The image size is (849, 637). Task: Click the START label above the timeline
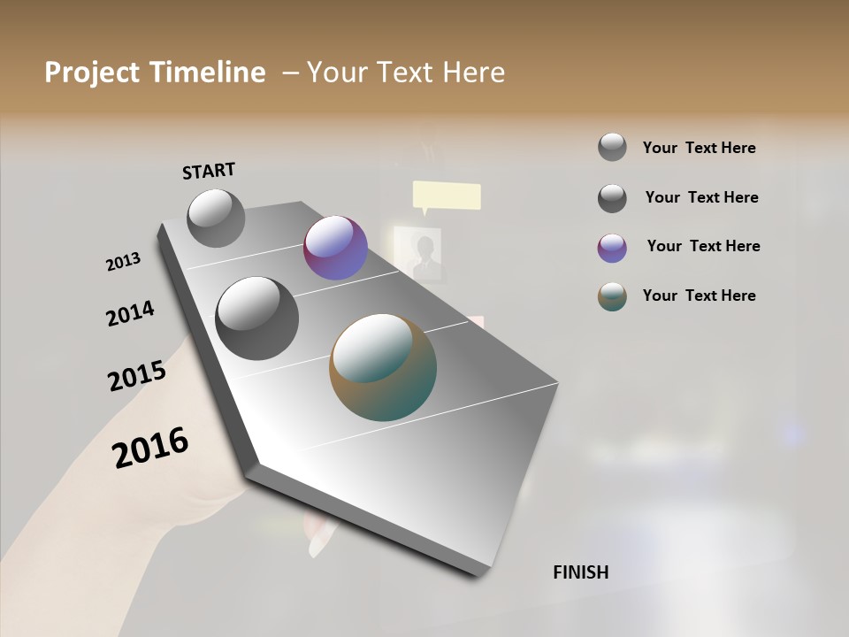pyautogui.click(x=209, y=171)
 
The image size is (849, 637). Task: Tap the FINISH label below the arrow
pyautogui.click(x=580, y=572)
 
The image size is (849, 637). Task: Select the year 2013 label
pyautogui.click(x=123, y=262)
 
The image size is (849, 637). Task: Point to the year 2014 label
pyautogui.click(x=130, y=313)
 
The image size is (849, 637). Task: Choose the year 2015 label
pyautogui.click(x=137, y=376)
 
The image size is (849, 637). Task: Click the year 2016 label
pyautogui.click(x=150, y=448)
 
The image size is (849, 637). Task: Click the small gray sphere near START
pyautogui.click(x=216, y=218)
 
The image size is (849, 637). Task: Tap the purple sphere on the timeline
pyautogui.click(x=335, y=248)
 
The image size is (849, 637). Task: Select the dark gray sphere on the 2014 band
pyautogui.click(x=256, y=318)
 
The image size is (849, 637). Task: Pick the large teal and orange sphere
pyautogui.click(x=383, y=367)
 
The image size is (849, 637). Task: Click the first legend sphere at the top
pyautogui.click(x=612, y=148)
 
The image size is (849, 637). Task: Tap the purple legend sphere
pyautogui.click(x=612, y=248)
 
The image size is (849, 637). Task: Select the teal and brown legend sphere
pyautogui.click(x=612, y=296)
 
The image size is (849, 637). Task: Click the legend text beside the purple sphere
pyautogui.click(x=703, y=246)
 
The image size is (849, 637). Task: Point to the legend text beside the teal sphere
pyautogui.click(x=699, y=295)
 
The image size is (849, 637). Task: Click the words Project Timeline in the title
pyautogui.click(x=155, y=73)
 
